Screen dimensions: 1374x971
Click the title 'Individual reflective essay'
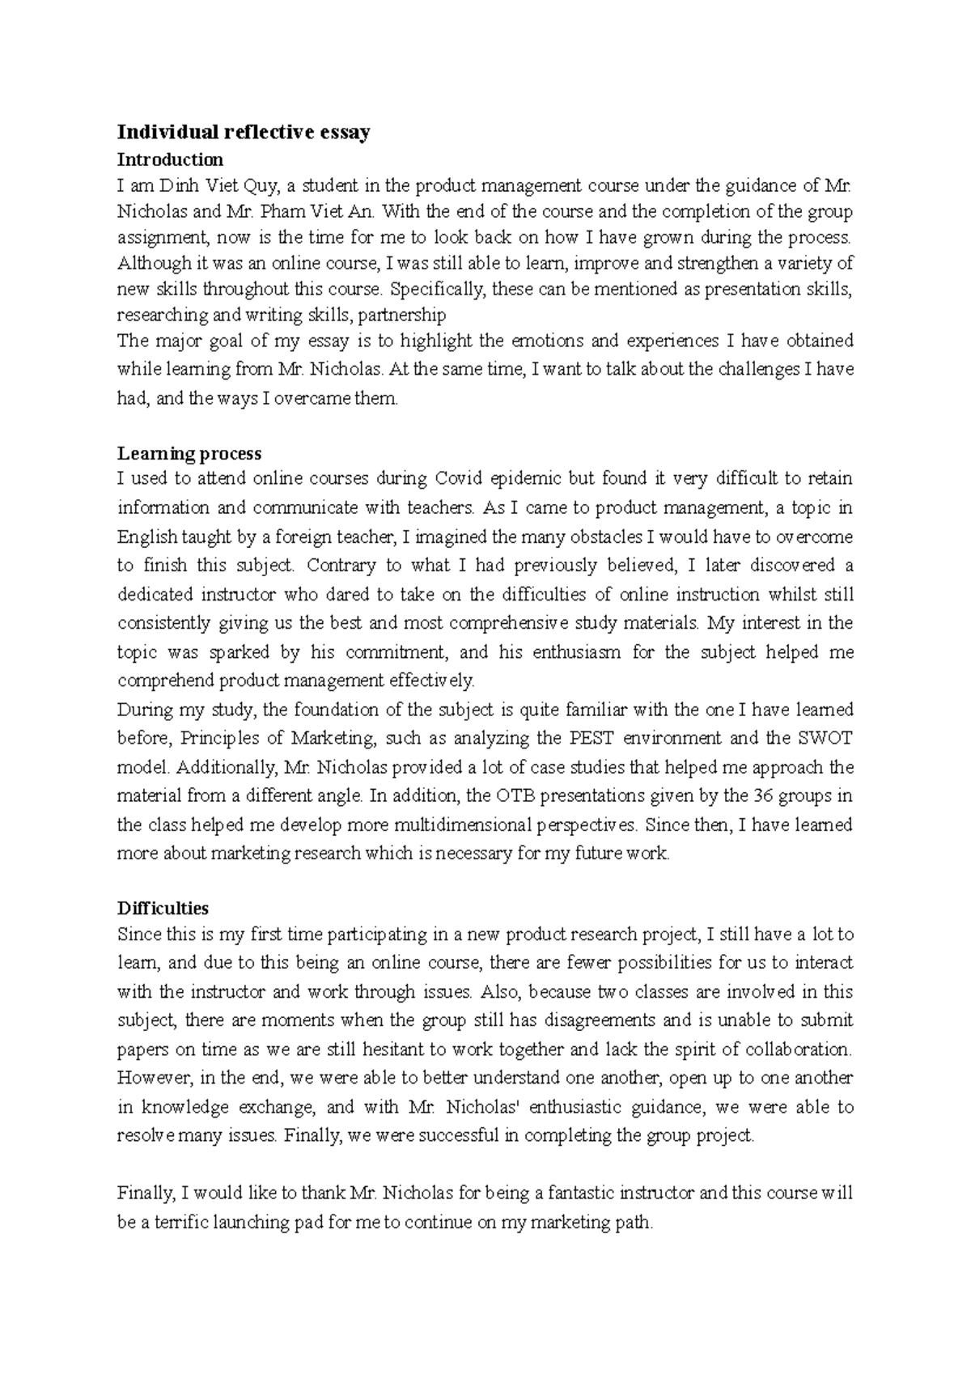pyautogui.click(x=244, y=132)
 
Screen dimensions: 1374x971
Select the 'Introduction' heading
pyautogui.click(x=170, y=159)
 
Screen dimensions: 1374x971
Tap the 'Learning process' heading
pyautogui.click(x=189, y=452)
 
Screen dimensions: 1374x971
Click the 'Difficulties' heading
pyautogui.click(x=163, y=908)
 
